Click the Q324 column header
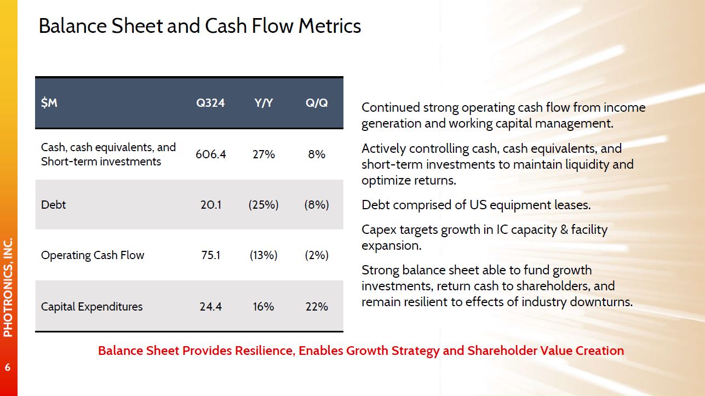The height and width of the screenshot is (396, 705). tap(210, 103)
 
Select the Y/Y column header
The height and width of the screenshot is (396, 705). tap(263, 103)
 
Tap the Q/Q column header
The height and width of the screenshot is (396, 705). tap(317, 103)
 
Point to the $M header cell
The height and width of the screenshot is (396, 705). tap(49, 103)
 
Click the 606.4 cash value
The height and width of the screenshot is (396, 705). tap(210, 154)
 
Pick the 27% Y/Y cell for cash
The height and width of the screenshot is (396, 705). tap(263, 154)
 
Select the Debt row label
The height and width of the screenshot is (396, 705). tap(54, 205)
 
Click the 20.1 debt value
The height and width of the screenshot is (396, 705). tap(210, 205)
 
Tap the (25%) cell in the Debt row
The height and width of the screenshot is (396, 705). tap(263, 205)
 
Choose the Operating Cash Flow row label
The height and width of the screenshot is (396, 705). tap(93, 255)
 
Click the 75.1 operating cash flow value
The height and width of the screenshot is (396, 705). tap(210, 255)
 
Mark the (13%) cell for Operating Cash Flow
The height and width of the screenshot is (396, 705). tap(263, 255)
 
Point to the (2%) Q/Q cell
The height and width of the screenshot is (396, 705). tap(317, 255)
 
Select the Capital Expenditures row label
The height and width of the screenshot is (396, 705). tap(91, 307)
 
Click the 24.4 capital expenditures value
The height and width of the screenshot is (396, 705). tap(210, 306)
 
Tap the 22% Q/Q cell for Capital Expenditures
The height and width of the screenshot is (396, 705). tap(317, 306)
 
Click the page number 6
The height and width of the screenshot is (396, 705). tap(8, 367)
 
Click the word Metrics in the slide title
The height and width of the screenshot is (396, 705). tap(330, 26)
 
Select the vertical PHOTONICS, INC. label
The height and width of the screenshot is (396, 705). tap(8, 288)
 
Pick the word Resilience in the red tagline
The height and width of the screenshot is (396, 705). tap(265, 351)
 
